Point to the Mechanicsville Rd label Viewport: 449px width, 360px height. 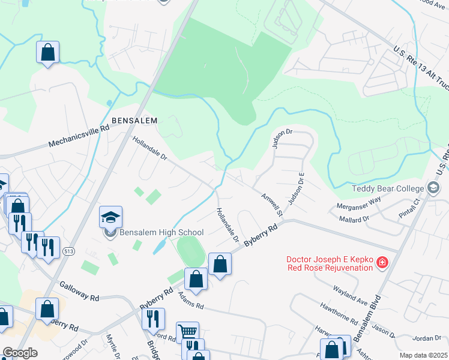pos(79,136)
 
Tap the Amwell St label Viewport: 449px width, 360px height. pos(271,203)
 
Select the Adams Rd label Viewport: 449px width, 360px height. pos(191,301)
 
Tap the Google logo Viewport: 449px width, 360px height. pos(19,353)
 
